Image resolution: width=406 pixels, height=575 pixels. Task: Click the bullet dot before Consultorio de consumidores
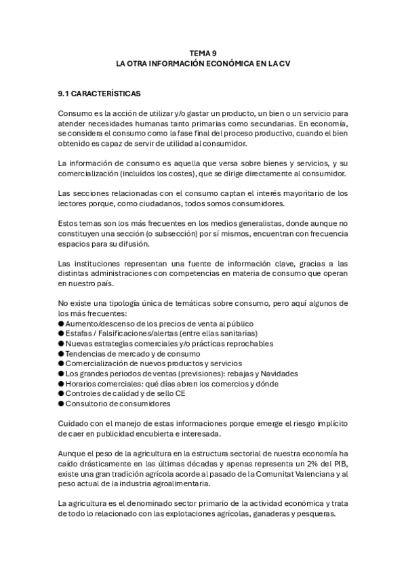(x=61, y=404)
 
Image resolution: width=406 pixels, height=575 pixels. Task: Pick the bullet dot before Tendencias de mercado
(x=61, y=353)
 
